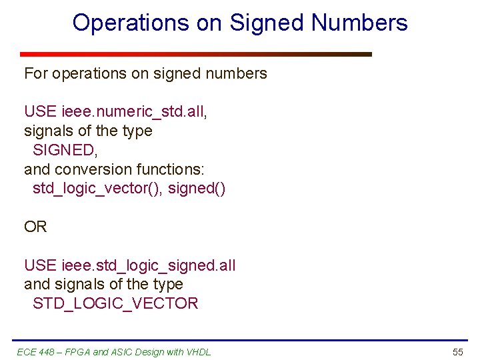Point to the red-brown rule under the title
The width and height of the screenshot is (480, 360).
(195, 54)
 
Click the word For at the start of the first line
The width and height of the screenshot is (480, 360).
(36, 73)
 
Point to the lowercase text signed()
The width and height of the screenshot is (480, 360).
(197, 189)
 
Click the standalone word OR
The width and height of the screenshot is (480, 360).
(35, 227)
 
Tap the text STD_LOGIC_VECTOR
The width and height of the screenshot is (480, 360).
(115, 304)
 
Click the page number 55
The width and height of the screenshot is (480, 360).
(457, 351)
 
